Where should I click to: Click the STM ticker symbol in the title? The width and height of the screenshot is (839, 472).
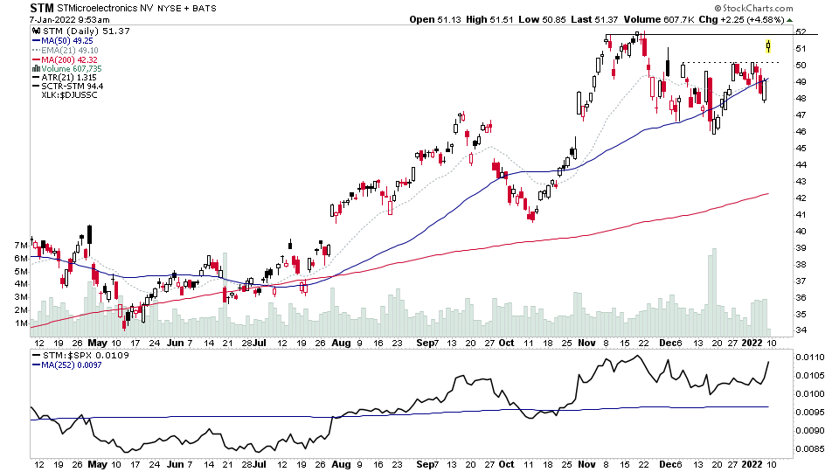[41, 8]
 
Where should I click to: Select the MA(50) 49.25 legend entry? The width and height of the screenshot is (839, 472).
[63, 40]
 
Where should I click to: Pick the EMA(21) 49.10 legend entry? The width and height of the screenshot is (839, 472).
[65, 50]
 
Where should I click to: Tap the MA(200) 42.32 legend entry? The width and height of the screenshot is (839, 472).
[65, 59]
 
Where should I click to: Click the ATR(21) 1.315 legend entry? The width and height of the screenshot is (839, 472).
[63, 78]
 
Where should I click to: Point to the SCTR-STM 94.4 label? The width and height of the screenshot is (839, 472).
[67, 87]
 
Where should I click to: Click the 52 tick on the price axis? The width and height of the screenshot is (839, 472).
[801, 31]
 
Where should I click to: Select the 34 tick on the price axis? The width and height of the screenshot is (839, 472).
[801, 330]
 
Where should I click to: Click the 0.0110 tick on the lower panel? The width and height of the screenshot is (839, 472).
[806, 357]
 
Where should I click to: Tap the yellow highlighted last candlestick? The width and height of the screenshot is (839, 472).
[768, 45]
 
